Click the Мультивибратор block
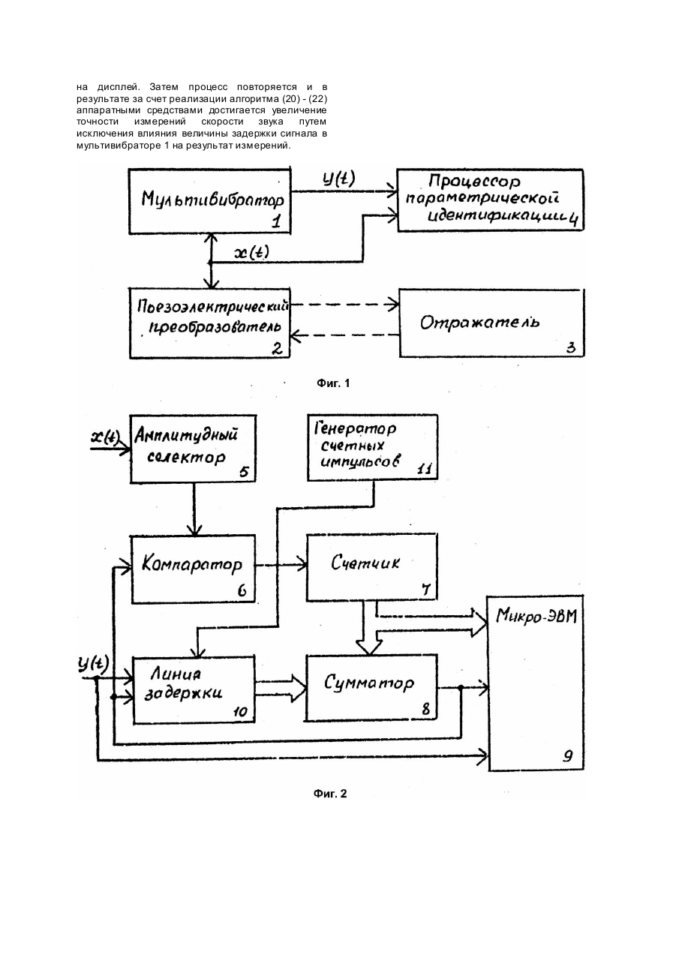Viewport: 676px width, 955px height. [x=210, y=201]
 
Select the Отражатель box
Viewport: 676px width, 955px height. [x=491, y=323]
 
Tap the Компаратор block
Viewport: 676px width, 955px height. [x=194, y=569]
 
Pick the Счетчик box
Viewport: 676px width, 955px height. [x=372, y=566]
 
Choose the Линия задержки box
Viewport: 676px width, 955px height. [x=194, y=690]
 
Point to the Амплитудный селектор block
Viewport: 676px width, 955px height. [x=194, y=449]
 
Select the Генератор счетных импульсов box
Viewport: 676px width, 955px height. [x=372, y=447]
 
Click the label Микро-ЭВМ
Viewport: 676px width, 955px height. [x=536, y=617]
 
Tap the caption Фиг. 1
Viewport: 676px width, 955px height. [x=333, y=383]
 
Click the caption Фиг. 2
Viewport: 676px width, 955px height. [x=330, y=794]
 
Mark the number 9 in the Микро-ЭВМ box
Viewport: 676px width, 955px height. [x=568, y=756]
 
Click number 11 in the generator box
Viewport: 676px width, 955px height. [x=425, y=469]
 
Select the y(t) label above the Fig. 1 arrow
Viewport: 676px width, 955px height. [x=338, y=179]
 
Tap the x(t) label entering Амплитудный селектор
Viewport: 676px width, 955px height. [x=105, y=437]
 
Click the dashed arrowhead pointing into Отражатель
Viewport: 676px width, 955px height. [x=395, y=305]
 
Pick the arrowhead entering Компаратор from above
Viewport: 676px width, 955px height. [x=194, y=531]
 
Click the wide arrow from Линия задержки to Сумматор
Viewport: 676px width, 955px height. [x=281, y=688]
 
